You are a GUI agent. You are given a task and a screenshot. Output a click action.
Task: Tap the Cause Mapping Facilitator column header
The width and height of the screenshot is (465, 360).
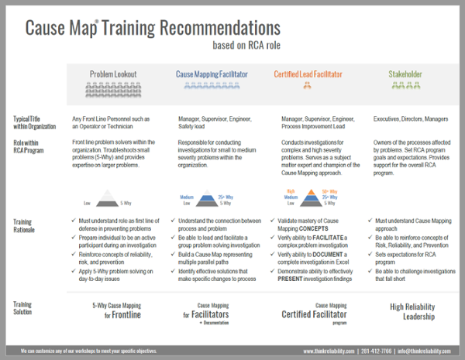212,74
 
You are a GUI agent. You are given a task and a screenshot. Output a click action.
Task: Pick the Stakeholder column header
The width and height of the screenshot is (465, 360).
405,74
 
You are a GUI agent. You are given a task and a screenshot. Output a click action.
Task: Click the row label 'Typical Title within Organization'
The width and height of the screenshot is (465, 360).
35,122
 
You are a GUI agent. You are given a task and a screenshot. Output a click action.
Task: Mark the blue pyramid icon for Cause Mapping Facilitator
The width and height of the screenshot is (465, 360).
207,199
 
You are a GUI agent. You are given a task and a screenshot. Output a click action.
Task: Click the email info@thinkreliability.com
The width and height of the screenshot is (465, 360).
424,351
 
